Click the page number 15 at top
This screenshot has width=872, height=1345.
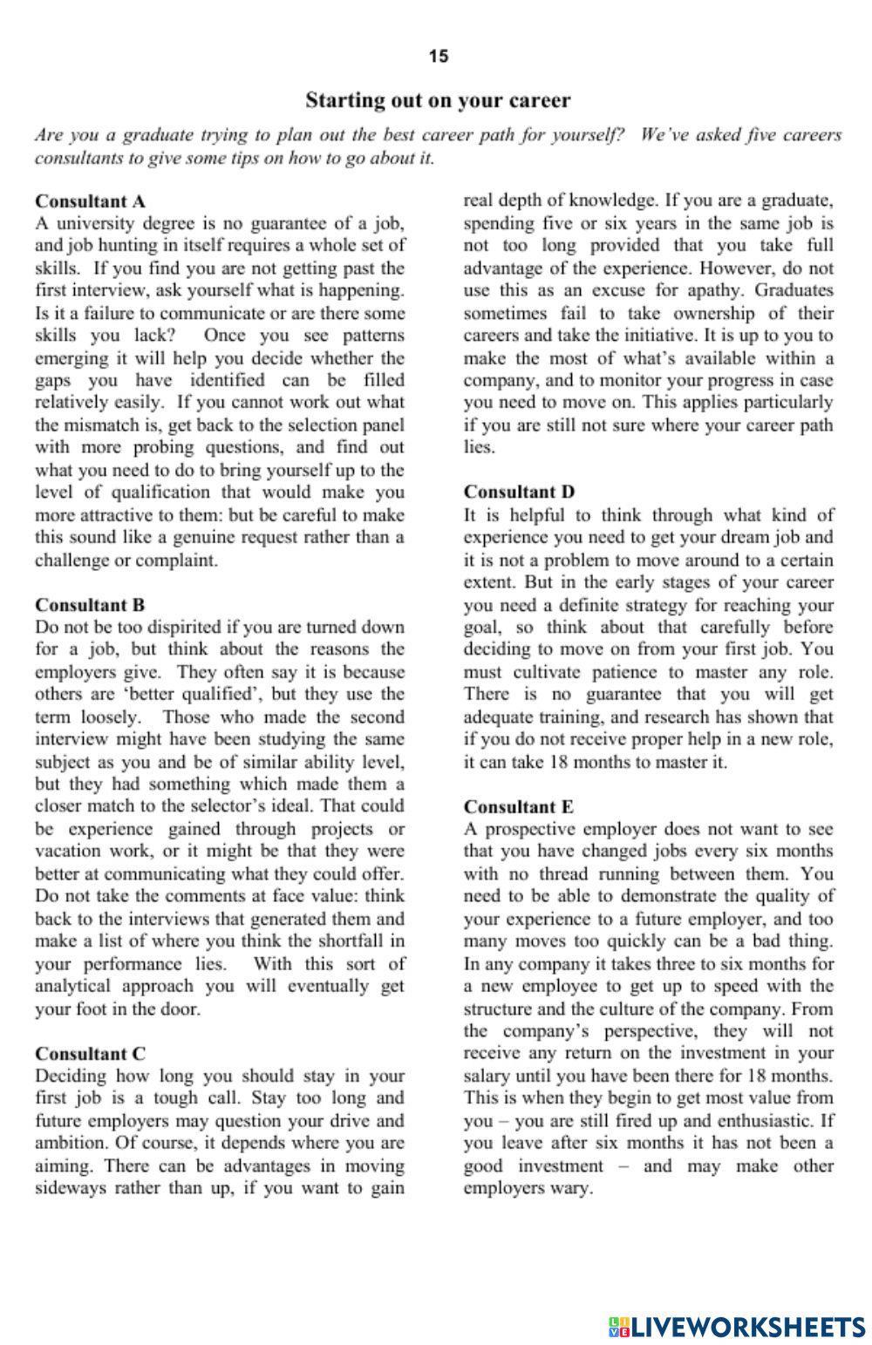(439, 57)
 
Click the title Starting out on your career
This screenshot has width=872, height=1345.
(438, 100)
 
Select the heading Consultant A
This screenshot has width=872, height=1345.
(90, 201)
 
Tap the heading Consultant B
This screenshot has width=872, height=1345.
(90, 604)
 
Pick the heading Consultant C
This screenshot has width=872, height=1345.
(90, 1053)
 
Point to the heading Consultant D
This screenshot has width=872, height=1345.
(519, 492)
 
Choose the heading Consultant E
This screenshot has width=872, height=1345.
(519, 806)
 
